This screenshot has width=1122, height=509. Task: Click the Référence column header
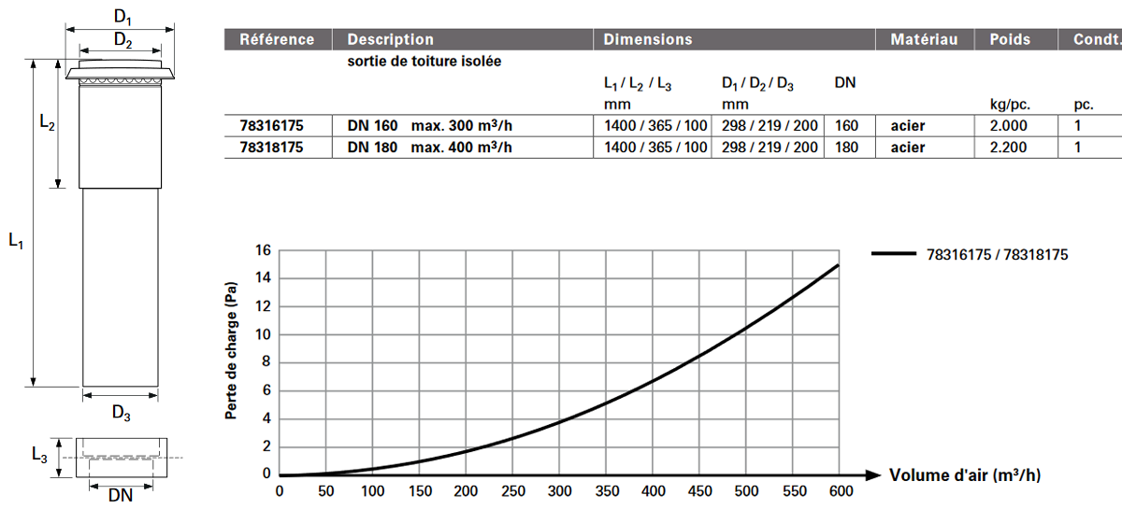(x=277, y=39)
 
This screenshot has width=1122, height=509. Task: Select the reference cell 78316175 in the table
(x=271, y=126)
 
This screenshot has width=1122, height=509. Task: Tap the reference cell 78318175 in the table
(x=271, y=148)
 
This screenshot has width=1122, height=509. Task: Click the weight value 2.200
(x=1008, y=148)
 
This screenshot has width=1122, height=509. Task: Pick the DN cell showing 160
(x=846, y=126)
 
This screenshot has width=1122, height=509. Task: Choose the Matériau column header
(x=924, y=39)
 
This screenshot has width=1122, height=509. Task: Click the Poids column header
(x=1010, y=39)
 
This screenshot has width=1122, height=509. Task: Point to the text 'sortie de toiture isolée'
(x=424, y=61)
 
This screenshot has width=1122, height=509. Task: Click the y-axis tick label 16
(x=263, y=250)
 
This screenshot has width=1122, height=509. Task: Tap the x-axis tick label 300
(x=559, y=491)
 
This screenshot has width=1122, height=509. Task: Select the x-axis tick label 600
(x=841, y=491)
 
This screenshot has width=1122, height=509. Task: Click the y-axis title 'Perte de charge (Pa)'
(x=231, y=350)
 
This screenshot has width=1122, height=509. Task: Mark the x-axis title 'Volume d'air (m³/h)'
(x=965, y=475)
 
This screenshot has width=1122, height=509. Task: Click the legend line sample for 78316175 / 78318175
(x=894, y=254)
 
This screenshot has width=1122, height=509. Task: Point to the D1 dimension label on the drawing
(x=122, y=18)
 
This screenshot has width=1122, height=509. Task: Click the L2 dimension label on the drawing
(x=47, y=122)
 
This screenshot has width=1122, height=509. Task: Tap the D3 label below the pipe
(x=121, y=414)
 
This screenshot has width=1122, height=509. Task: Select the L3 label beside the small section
(x=39, y=455)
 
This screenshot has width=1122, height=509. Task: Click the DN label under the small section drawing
(x=121, y=496)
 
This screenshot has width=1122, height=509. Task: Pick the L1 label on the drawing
(x=16, y=241)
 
